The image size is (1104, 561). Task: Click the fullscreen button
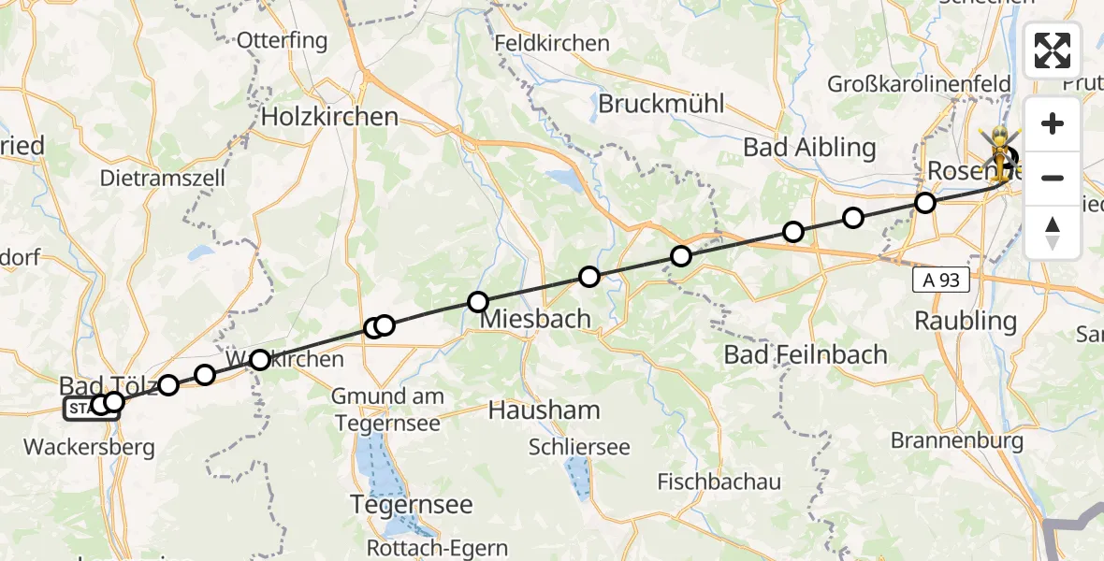(x=1053, y=50)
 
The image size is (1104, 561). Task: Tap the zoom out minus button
(x=1053, y=178)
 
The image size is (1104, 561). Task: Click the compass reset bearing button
(x=1053, y=232)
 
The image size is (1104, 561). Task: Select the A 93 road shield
(x=941, y=280)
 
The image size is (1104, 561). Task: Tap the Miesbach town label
(x=535, y=319)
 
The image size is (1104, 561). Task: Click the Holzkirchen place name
(x=329, y=117)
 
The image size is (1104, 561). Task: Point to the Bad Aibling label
(x=809, y=148)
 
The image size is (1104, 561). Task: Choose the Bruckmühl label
(x=661, y=104)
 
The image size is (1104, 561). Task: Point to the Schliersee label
(x=579, y=447)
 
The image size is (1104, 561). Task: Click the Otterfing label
(x=282, y=41)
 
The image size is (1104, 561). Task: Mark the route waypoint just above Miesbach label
(x=478, y=302)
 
